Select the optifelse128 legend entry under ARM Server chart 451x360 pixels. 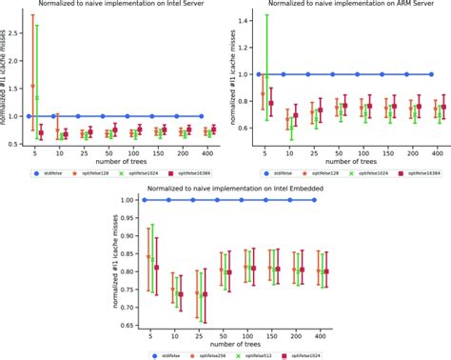click(305, 173)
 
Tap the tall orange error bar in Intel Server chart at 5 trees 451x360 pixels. click(33, 57)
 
